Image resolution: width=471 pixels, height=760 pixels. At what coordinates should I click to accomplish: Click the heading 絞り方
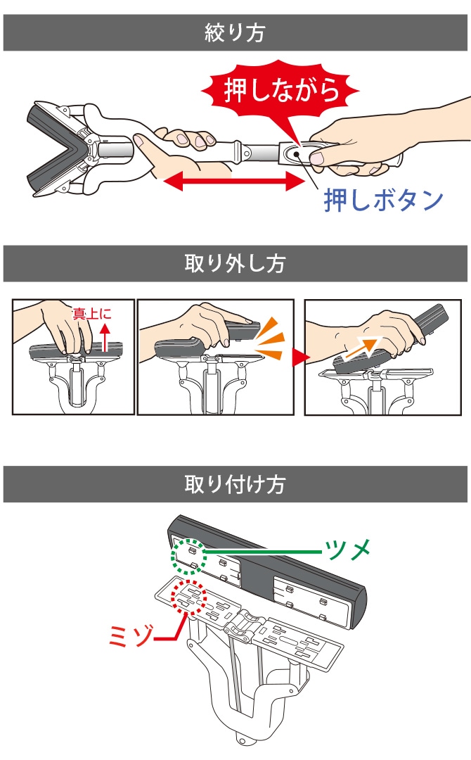click(235, 32)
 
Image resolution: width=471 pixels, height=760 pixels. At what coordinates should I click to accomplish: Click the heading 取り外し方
click(235, 264)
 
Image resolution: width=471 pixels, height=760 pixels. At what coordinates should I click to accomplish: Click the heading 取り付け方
click(235, 485)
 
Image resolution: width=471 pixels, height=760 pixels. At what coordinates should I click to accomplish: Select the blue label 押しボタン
click(383, 200)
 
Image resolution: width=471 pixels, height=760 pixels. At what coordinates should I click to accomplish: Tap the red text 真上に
click(92, 314)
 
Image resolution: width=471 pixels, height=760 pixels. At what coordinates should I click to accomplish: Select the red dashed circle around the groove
click(186, 599)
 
